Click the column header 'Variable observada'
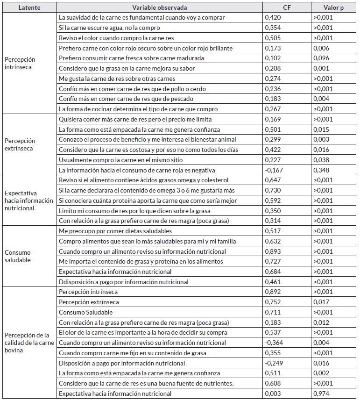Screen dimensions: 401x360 (160, 7)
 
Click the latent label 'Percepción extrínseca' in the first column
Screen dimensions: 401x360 (20, 144)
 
